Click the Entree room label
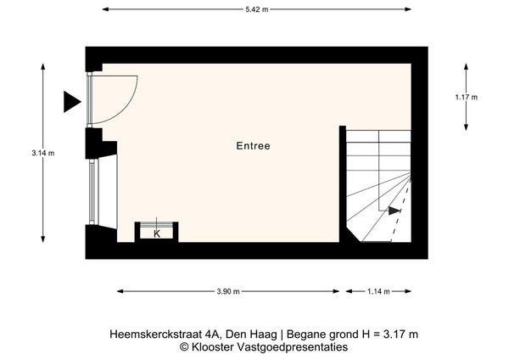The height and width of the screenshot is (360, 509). pyautogui.click(x=253, y=146)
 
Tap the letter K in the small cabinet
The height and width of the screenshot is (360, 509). pyautogui.click(x=157, y=233)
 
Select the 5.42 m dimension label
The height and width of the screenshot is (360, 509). pyautogui.click(x=257, y=9)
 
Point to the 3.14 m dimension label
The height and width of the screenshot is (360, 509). pyautogui.click(x=43, y=153)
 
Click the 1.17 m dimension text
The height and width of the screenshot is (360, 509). pyautogui.click(x=466, y=97)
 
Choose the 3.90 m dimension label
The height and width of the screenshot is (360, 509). pyautogui.click(x=228, y=291)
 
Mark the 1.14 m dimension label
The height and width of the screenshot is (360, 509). pyautogui.click(x=378, y=291)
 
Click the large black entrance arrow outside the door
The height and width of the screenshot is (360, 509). pyautogui.click(x=72, y=102)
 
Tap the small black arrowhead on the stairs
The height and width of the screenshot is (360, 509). pyautogui.click(x=394, y=211)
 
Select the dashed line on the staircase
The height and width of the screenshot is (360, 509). pyautogui.click(x=401, y=211)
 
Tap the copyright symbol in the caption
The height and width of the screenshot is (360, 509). pyautogui.click(x=184, y=346)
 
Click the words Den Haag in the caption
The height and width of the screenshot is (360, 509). pyautogui.click(x=251, y=334)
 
